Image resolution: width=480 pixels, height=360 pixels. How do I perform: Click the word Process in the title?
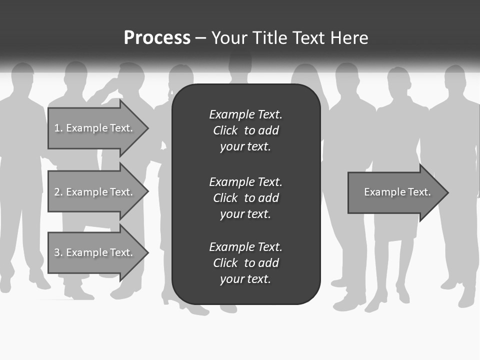(x=157, y=38)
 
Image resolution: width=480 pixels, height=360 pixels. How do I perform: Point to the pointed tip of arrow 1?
(x=147, y=128)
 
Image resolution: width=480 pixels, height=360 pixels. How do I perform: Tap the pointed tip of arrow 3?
(x=147, y=252)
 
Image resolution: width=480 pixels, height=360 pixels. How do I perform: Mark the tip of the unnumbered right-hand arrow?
(x=447, y=192)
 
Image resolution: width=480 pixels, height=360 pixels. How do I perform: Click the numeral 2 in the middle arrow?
(x=57, y=192)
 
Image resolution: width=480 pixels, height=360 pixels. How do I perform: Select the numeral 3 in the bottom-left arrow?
(x=57, y=252)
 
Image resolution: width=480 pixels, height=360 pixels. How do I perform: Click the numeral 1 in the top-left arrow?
(x=57, y=128)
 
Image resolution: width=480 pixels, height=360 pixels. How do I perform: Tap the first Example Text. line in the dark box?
(x=245, y=114)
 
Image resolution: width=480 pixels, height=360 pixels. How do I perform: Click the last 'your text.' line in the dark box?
(x=245, y=279)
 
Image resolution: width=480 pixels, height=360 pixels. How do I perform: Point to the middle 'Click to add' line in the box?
(x=245, y=198)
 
